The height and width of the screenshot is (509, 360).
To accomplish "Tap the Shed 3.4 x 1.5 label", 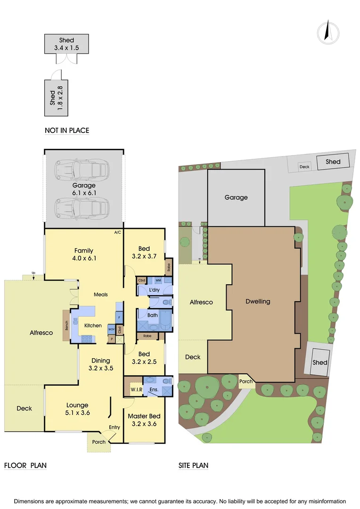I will tap(66, 44).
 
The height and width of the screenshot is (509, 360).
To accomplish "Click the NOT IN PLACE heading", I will tap(66, 131).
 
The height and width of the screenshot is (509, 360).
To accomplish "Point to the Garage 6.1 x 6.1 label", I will tap(84, 189).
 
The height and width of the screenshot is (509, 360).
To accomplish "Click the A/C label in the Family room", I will tap(117, 233).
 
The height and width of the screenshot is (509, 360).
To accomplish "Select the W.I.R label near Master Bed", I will tap(137, 390).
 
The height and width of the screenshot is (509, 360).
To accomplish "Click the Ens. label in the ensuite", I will tap(153, 390).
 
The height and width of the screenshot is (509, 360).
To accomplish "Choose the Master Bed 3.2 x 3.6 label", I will tap(144, 419).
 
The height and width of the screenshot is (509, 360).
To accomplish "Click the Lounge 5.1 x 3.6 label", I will tap(77, 409).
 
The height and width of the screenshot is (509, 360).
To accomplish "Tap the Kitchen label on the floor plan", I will tap(93, 326).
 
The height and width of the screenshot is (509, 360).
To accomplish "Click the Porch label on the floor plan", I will tap(98, 442).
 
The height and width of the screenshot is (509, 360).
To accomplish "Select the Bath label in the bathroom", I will tap(153, 315).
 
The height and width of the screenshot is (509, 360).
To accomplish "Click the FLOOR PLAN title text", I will tap(25, 466).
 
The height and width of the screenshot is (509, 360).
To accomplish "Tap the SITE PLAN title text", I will tap(193, 466).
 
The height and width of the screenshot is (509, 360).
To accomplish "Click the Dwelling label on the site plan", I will tap(258, 302).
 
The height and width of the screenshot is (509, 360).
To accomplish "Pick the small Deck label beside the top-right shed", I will tap(304, 166).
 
